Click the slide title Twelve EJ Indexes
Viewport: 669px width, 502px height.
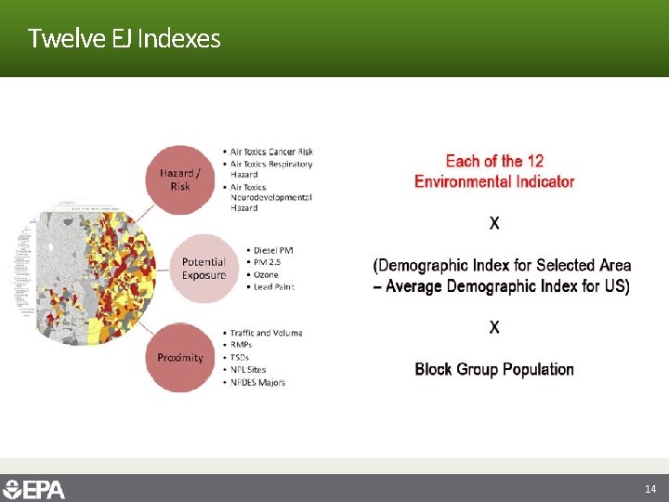pos(124,38)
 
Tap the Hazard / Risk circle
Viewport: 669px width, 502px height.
pos(180,179)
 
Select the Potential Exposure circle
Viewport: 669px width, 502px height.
pos(203,269)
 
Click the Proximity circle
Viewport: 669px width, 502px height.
pos(180,357)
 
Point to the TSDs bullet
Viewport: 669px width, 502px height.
pos(239,357)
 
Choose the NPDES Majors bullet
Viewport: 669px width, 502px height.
pos(257,382)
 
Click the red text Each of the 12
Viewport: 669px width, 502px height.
pos(494,161)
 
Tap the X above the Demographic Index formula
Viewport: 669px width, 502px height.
pos(494,223)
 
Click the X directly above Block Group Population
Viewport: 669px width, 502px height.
pos(494,327)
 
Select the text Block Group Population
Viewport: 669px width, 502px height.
pos(494,369)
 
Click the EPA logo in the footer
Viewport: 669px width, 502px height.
pos(34,488)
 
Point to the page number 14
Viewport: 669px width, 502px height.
pos(650,488)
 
